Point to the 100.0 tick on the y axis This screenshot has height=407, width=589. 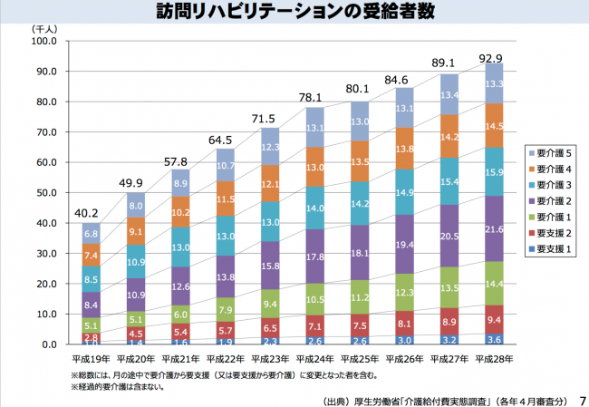coord(43,42)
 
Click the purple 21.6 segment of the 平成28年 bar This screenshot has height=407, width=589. coord(495,228)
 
